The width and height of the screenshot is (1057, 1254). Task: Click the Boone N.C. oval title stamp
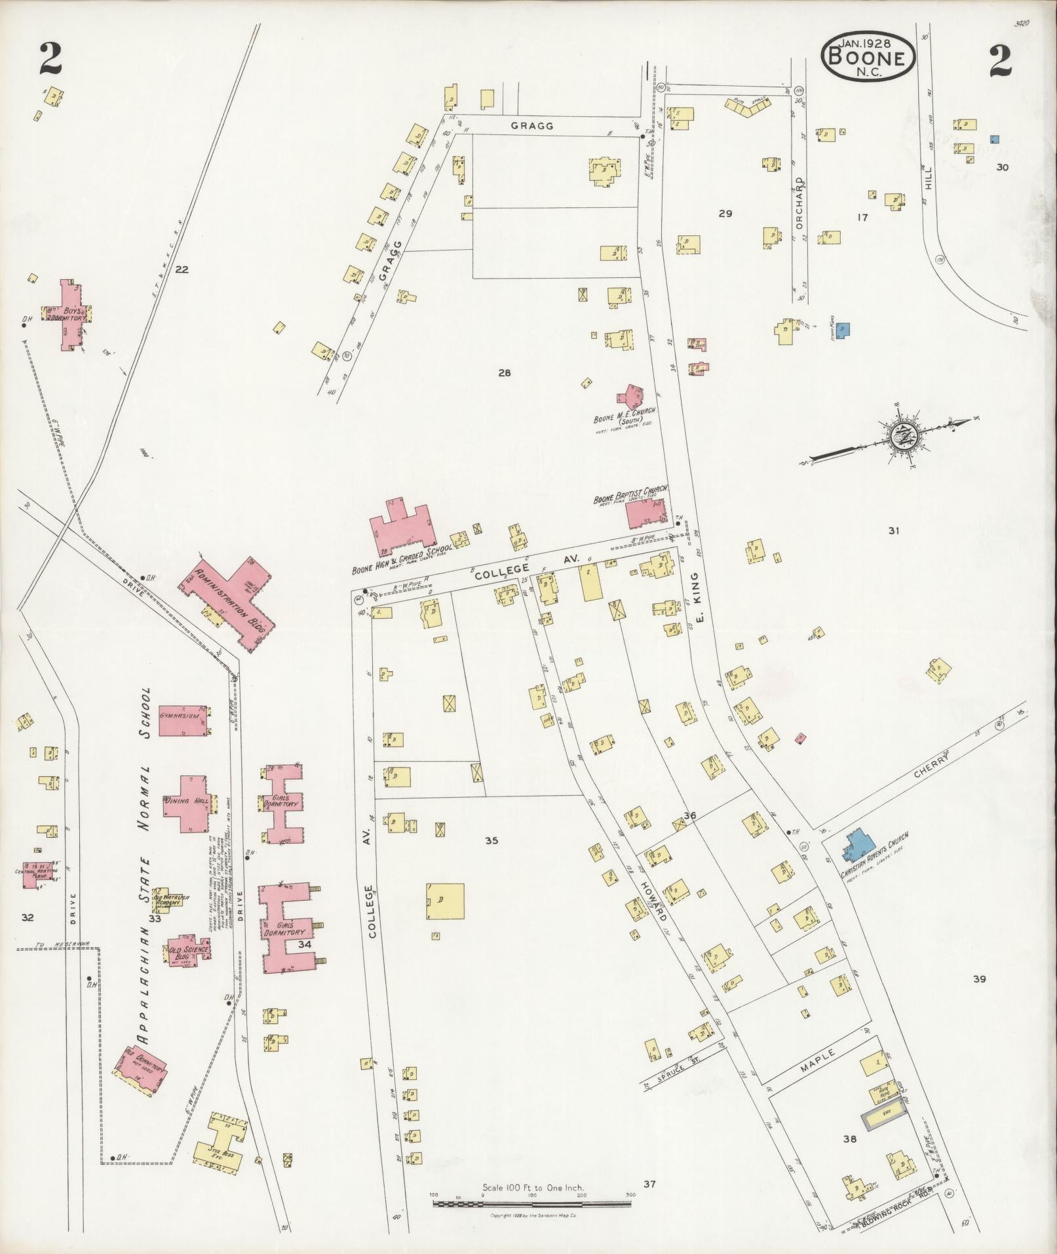pos(868,58)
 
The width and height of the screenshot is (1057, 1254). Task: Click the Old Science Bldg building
pos(188,952)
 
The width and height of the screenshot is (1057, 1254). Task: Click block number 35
pos(491,840)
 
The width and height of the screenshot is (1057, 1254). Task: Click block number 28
pos(504,373)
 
